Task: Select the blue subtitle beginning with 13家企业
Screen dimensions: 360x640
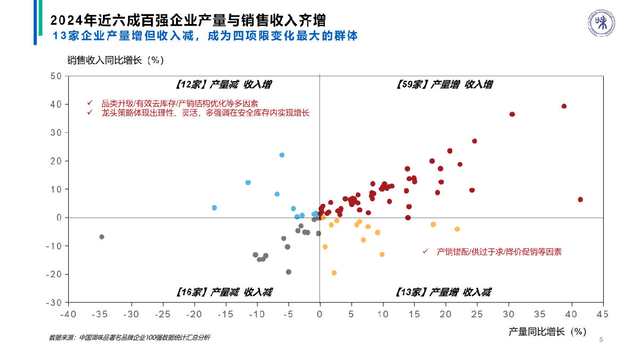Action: click(205, 36)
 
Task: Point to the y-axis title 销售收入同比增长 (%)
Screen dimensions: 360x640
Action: click(115, 60)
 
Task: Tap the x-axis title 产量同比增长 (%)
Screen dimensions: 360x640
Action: click(547, 331)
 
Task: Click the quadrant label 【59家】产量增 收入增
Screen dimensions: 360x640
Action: click(445, 84)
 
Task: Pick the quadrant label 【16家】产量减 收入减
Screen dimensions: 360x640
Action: click(223, 292)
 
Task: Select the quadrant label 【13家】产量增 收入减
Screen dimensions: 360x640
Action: click(443, 292)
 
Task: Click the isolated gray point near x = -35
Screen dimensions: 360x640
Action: click(101, 237)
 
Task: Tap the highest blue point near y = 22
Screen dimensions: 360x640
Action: click(282, 155)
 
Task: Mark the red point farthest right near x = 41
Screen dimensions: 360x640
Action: click(580, 199)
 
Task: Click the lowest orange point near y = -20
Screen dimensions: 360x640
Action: click(334, 273)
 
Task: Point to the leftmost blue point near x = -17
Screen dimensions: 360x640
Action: click(214, 207)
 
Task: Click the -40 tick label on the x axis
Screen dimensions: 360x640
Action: click(68, 314)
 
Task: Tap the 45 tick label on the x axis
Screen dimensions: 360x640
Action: click(603, 314)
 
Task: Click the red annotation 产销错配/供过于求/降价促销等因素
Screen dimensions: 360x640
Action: click(499, 252)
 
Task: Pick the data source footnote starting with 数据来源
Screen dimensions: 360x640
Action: click(130, 338)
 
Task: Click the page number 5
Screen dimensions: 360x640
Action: click(601, 340)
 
